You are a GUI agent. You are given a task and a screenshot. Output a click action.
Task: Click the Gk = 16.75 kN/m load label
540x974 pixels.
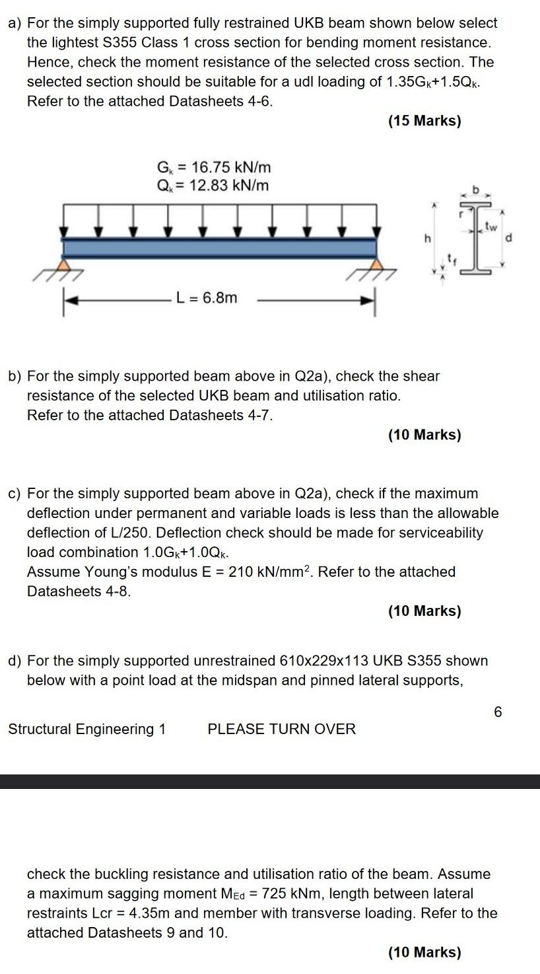(213, 167)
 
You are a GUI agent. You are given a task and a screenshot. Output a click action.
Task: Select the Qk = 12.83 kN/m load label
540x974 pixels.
(213, 185)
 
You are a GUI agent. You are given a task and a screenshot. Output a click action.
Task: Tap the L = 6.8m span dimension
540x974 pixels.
(207, 298)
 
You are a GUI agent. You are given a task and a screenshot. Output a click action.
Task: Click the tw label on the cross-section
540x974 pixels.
(490, 226)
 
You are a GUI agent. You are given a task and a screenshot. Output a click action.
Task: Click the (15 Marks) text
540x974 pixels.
(424, 122)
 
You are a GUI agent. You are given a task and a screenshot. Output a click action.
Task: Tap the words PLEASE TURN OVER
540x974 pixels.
(281, 729)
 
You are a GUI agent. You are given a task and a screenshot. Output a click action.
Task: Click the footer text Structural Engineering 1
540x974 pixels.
(86, 729)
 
